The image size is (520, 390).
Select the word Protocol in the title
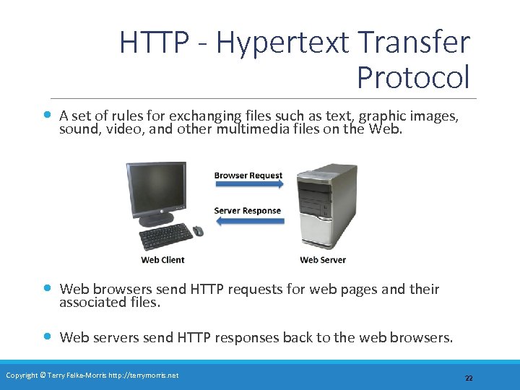413,76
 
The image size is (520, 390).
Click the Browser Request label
248,175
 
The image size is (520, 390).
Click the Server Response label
247,211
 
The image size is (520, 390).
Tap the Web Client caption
162,260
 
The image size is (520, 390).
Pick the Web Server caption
323,260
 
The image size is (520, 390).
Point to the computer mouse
198,230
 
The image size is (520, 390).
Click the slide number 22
468,378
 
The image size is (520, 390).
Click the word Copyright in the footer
22,375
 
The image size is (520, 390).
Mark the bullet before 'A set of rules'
47,114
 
